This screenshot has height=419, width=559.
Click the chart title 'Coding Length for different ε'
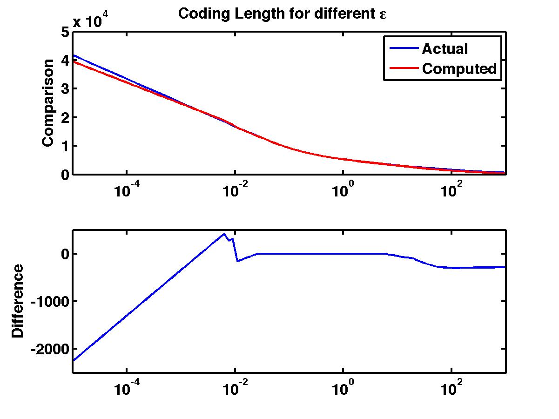point(283,14)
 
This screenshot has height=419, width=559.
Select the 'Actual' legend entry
point(445,48)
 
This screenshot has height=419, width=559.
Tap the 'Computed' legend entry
point(459,69)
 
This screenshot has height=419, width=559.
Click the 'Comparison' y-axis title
point(48,103)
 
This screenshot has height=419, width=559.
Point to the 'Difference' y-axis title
point(18,301)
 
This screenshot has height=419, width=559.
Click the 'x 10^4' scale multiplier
point(96,21)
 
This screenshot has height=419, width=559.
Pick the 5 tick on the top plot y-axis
point(64,32)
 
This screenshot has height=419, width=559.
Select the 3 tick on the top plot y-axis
point(64,89)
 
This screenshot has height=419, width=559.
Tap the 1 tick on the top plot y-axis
point(64,146)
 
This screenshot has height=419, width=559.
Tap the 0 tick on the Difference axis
point(64,254)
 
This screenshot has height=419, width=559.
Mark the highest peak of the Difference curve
point(224,234)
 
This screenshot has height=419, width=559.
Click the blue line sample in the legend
point(401,48)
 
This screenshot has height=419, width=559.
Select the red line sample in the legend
point(401,69)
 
